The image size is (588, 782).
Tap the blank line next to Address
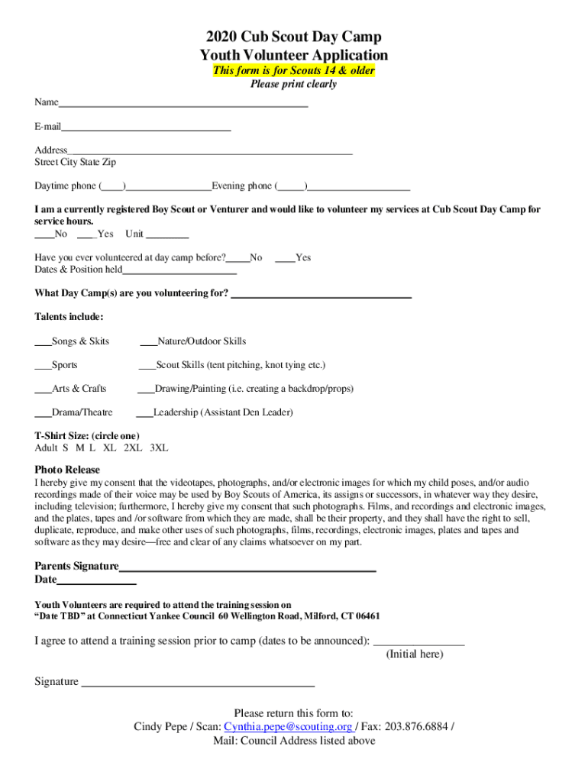pos(210,151)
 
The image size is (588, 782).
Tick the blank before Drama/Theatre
pos(43,414)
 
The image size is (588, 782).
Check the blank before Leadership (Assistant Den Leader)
pos(144,414)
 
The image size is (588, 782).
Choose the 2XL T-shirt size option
pos(132,448)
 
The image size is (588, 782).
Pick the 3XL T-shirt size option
pos(159,448)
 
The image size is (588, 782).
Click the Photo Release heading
pos(67,470)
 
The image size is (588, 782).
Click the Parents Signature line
pos(247,567)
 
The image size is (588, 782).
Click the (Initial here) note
pos(414,654)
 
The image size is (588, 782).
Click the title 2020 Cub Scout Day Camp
pos(293,37)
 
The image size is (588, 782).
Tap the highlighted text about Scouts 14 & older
pos(293,71)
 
